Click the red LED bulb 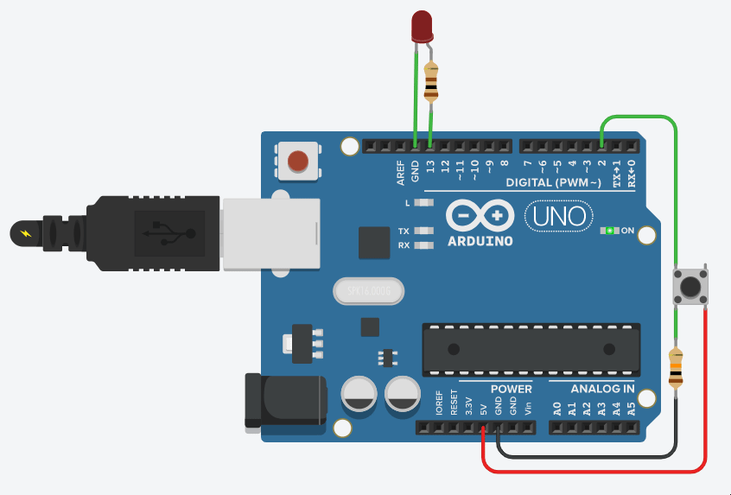pyautogui.click(x=422, y=26)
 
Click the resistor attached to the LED pyautogui.click(x=431, y=83)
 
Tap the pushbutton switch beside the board pyautogui.click(x=690, y=286)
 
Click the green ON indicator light pyautogui.click(x=610, y=231)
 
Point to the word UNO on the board pyautogui.click(x=559, y=215)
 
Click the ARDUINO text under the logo pyautogui.click(x=480, y=241)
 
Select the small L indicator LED pyautogui.click(x=423, y=203)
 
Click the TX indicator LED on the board pyautogui.click(x=423, y=232)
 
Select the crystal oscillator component pyautogui.click(x=368, y=292)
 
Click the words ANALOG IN pyautogui.click(x=592, y=389)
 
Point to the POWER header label pyautogui.click(x=512, y=389)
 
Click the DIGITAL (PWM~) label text pyautogui.click(x=554, y=182)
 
